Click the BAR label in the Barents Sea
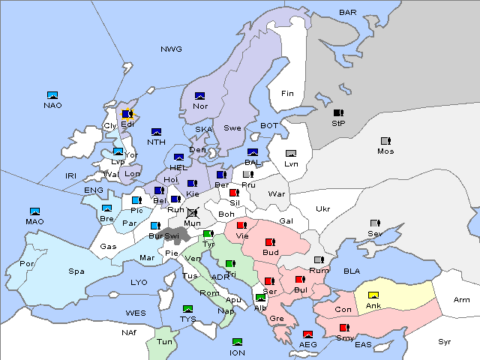point(348,12)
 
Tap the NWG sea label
point(171,49)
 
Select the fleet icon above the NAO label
point(52,95)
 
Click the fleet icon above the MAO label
point(34,211)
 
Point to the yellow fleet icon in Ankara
point(373,295)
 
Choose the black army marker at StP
point(337,113)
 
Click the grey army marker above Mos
point(385,141)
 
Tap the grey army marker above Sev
point(375,223)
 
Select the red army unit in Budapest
point(270,242)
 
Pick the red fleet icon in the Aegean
point(307,334)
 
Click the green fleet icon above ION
point(237,343)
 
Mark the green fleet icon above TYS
point(188,309)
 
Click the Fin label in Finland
point(287,94)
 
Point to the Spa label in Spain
point(76,271)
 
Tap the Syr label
point(445,341)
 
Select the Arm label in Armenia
point(462,300)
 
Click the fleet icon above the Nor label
point(200,96)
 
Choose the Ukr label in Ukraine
point(323,209)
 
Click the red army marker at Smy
point(344,328)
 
